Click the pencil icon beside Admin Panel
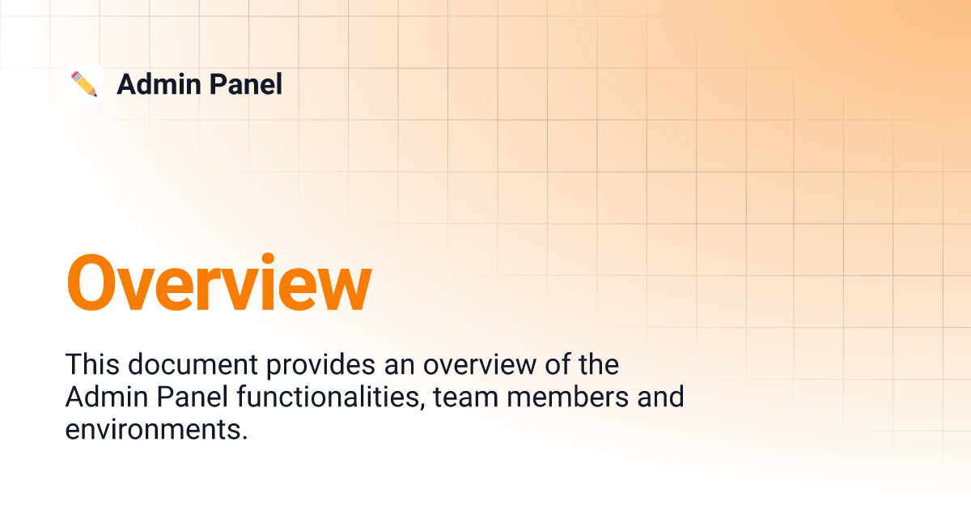click(84, 84)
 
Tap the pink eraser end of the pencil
click(75, 75)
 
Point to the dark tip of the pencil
click(95, 95)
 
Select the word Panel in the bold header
click(246, 84)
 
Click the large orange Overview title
click(219, 282)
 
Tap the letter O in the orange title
click(91, 283)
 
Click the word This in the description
click(92, 363)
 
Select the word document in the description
click(193, 364)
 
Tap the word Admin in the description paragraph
click(107, 397)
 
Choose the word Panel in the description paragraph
click(193, 397)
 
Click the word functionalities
click(331, 397)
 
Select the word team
click(466, 397)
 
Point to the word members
click(568, 397)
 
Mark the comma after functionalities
click(422, 406)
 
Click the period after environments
click(245, 438)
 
